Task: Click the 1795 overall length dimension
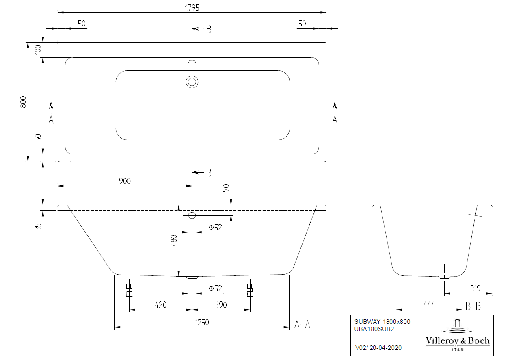pos(192,8)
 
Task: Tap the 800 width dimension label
pos(23,102)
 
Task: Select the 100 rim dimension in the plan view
pos(38,50)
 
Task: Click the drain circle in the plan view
pos(192,82)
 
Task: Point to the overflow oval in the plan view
pos(192,61)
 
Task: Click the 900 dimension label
pos(125,181)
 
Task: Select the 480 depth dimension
pos(174,241)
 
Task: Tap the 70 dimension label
pos(226,188)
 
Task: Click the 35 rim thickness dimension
pos(38,227)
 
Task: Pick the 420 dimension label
pos(161,305)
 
